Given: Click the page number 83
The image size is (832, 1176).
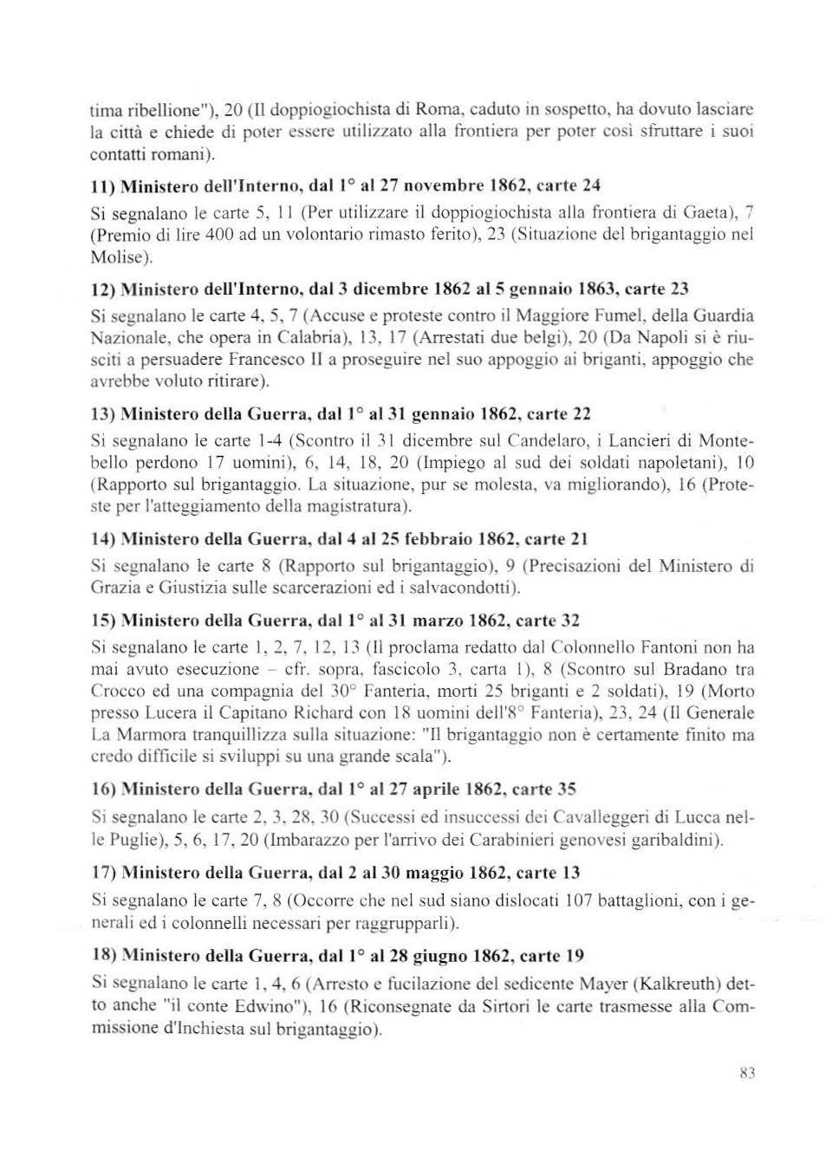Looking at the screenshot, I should pos(748,1072).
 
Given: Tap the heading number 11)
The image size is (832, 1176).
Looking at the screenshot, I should pos(103,185).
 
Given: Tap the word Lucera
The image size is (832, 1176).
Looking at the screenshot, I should pos(163,713).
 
